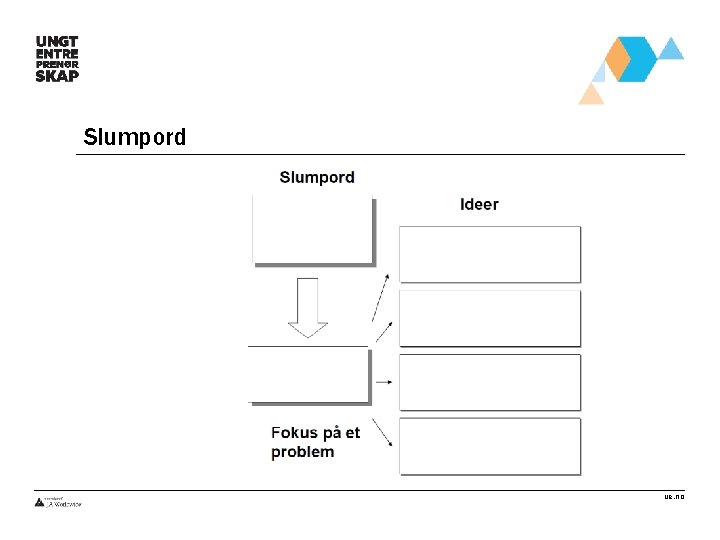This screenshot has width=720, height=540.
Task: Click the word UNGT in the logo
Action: coord(57,41)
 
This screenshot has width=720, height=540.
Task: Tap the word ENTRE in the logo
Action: coord(57,52)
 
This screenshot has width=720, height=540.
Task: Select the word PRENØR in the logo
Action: coord(57,62)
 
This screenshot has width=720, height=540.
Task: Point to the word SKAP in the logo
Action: coord(57,74)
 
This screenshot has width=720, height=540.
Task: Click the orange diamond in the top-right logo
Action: coord(619,60)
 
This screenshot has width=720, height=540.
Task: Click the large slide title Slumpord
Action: coord(135,137)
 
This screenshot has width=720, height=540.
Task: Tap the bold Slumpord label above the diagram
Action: coord(317,178)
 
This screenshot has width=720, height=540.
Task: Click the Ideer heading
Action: coord(479,205)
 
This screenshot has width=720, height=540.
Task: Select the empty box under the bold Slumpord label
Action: coord(312,229)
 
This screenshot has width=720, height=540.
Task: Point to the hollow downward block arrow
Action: coord(308,307)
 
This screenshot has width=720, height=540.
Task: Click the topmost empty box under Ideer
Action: coord(490,254)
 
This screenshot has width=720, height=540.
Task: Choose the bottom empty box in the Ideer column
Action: coord(490,446)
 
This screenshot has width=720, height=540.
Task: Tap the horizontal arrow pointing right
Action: coord(384,382)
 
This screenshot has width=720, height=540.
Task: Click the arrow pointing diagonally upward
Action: coord(380,299)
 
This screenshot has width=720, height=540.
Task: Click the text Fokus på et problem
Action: coord(315,442)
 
